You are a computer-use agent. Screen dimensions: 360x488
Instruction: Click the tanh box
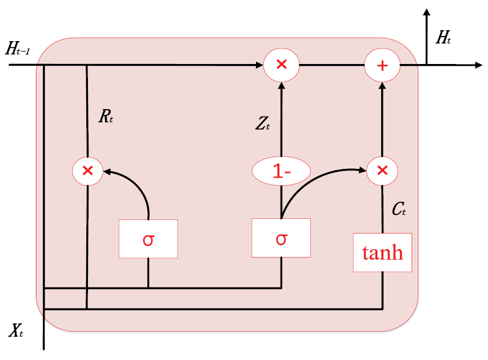(382, 253)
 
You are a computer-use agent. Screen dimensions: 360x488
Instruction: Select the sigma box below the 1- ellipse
(281, 238)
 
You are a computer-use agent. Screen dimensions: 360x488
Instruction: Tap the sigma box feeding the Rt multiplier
(148, 239)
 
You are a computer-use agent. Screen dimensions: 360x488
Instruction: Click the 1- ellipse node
(281, 170)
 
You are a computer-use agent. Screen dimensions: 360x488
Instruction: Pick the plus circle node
(382, 65)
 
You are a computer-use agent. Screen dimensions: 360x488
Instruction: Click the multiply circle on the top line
(281, 65)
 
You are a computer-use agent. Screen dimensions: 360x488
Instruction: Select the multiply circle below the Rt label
(87, 170)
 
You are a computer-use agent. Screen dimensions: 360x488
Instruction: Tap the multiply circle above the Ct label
(382, 170)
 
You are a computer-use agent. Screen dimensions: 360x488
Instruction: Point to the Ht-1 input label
(22, 49)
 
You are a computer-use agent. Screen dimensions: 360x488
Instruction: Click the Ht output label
(443, 38)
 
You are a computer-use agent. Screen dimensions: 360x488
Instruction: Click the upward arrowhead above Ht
(426, 12)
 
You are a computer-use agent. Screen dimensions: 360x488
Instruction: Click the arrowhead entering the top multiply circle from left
(259, 65)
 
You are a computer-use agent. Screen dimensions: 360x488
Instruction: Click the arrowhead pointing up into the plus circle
(382, 86)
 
